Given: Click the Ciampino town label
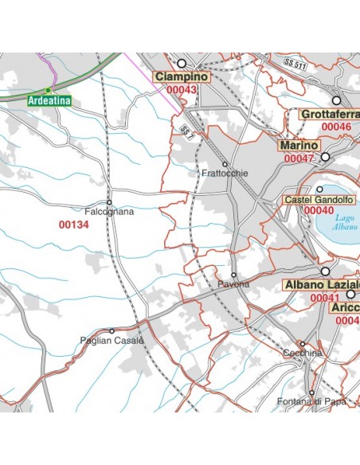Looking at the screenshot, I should point(182,76).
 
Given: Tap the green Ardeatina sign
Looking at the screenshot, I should point(49,101).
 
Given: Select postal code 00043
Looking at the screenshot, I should point(182,89).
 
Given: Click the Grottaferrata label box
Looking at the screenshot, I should point(329,115).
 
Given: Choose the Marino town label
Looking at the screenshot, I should point(299,146).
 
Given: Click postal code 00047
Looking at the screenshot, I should point(299,158).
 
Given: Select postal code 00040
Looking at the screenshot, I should point(319,210).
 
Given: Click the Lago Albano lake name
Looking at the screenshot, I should point(345,222).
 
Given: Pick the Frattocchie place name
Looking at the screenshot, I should point(225,173).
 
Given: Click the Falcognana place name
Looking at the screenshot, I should point(109,212).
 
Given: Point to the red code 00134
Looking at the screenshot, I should point(74,225).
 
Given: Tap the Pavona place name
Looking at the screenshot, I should point(233,284).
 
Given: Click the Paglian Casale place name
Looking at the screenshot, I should point(112,341).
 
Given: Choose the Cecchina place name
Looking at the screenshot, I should point(302,353).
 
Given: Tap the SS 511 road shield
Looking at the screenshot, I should point(295,63).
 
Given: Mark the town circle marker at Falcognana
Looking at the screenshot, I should point(109,202).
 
